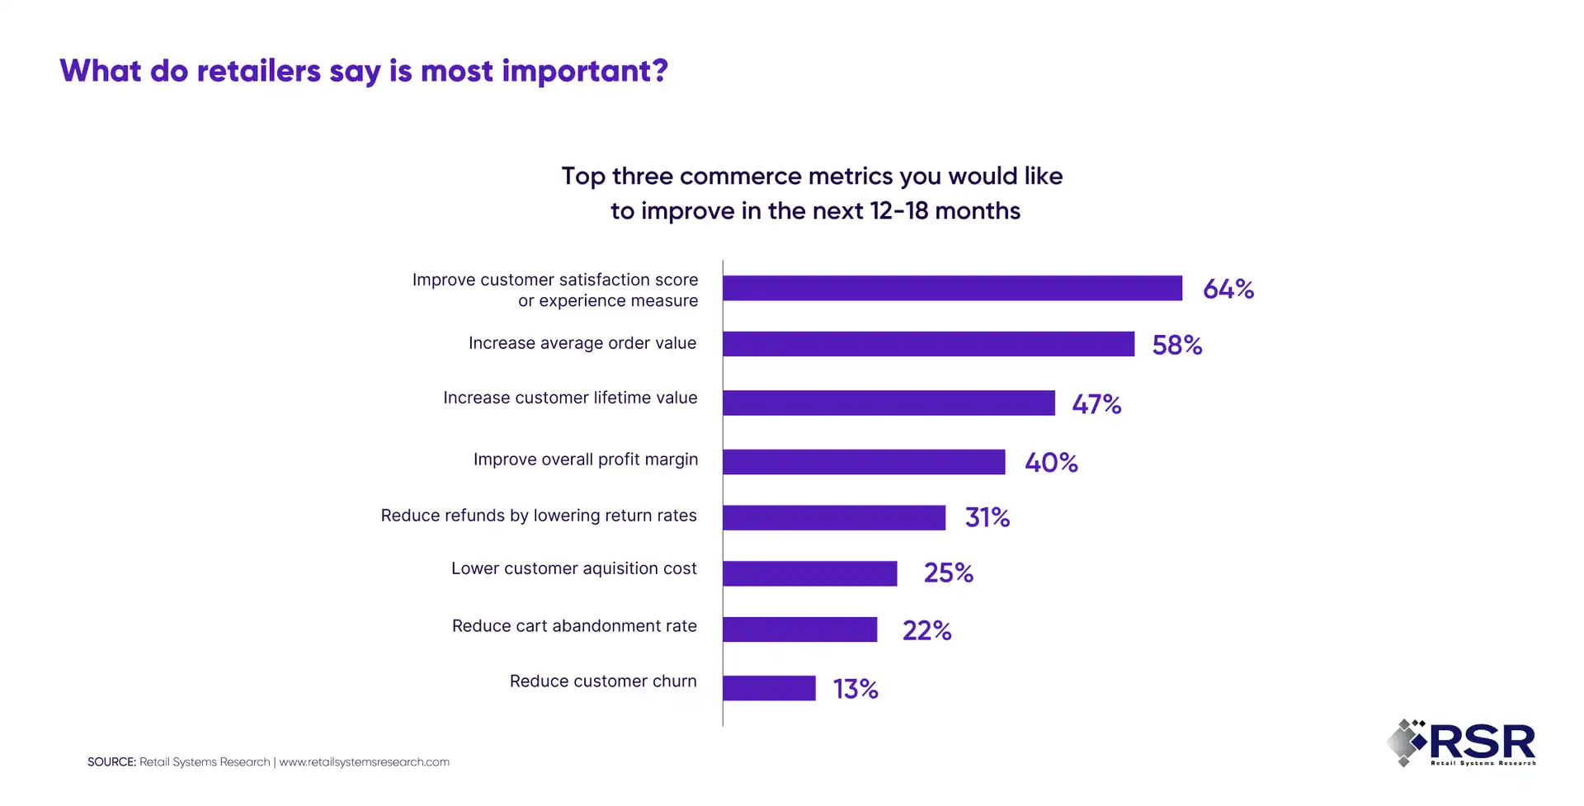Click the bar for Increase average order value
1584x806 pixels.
point(928,344)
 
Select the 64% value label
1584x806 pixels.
point(1228,289)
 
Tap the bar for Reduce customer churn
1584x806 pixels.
point(769,688)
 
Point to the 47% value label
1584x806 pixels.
point(1096,404)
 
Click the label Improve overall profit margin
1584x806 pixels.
point(585,460)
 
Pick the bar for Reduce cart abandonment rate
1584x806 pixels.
point(799,629)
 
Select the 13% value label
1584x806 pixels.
point(855,689)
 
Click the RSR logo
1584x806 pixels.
point(1461,742)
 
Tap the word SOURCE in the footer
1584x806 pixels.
point(111,762)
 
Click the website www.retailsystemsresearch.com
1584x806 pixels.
point(364,762)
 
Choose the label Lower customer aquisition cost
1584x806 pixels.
point(573,568)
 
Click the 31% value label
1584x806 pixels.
point(987,517)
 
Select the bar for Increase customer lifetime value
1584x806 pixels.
point(889,403)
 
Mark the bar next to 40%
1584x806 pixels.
point(864,462)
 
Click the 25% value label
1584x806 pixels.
point(948,573)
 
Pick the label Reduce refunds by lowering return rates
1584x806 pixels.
point(539,516)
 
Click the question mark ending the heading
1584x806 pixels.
point(659,71)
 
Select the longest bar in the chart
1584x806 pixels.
point(952,288)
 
